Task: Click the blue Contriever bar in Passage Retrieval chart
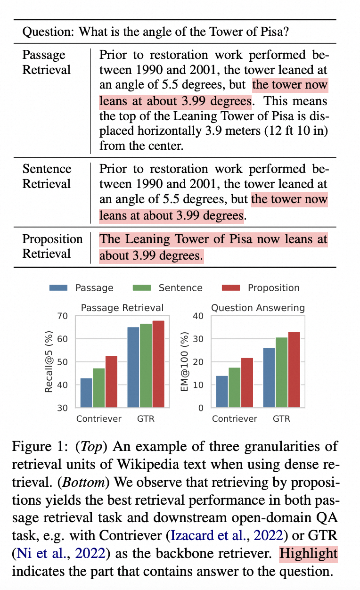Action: tap(86, 393)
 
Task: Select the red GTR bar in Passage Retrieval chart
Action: tap(158, 364)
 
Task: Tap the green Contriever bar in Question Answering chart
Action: tap(234, 387)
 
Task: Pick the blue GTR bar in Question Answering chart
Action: tap(269, 378)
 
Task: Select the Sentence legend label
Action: tap(180, 288)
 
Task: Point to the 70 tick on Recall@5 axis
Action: tap(63, 316)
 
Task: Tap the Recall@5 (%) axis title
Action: tap(49, 361)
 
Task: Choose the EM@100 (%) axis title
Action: tap(184, 361)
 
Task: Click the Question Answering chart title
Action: tap(258, 308)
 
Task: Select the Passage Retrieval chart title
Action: tap(123, 308)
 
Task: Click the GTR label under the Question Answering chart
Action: tap(281, 418)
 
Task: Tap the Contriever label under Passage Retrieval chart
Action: tap(99, 418)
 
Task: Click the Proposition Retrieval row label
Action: tap(52, 246)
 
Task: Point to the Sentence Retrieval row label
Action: tap(47, 176)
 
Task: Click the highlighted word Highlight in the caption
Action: tap(308, 554)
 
